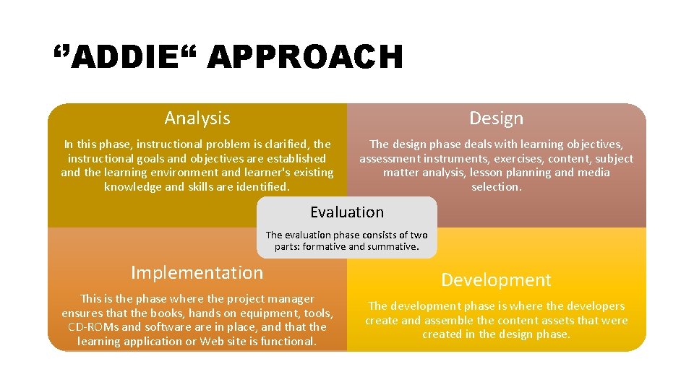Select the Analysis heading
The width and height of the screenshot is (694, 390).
(197, 118)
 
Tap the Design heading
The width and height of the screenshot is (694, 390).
(496, 118)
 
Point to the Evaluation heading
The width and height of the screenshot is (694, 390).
(347, 212)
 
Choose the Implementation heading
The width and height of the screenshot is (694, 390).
(197, 273)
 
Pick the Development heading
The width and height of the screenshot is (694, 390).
(496, 280)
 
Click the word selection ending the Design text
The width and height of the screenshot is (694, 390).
(496, 187)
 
